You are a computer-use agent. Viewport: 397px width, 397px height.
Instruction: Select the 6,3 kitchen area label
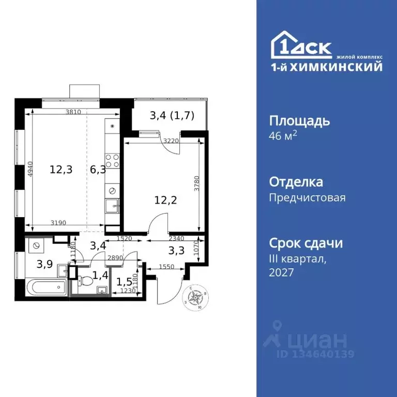(x=97, y=169)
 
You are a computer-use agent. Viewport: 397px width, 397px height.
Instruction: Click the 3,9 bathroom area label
(x=44, y=264)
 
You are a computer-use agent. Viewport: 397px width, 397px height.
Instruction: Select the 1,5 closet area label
(x=124, y=282)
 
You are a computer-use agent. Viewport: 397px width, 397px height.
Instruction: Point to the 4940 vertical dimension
(x=30, y=169)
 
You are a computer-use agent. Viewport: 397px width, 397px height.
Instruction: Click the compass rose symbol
(x=195, y=297)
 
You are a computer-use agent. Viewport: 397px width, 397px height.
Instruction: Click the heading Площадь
(x=299, y=121)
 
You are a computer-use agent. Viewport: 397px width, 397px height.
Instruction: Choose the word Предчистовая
(x=308, y=197)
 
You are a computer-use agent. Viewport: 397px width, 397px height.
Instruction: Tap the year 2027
(x=281, y=272)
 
